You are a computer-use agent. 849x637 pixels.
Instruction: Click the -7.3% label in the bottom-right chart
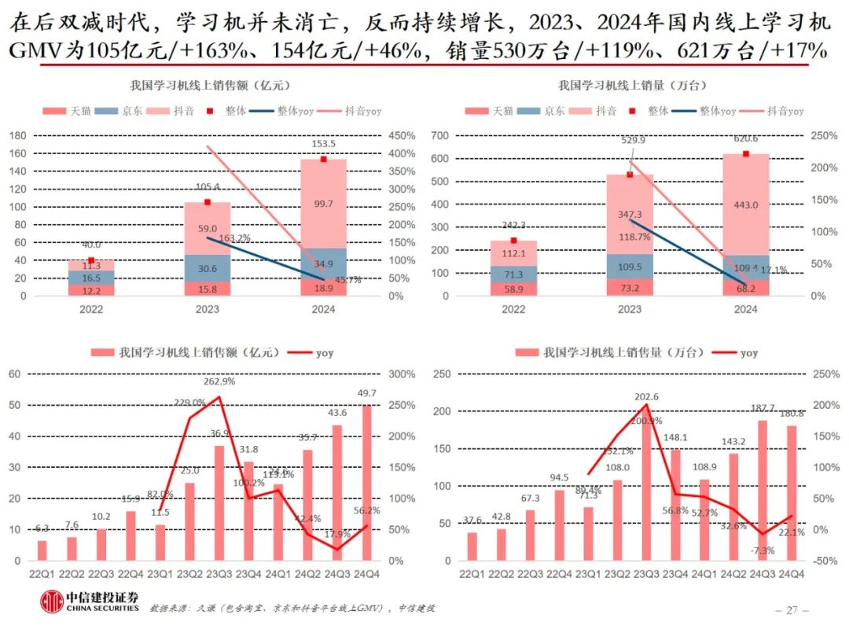(x=761, y=550)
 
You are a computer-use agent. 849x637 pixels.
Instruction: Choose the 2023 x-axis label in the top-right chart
(x=630, y=309)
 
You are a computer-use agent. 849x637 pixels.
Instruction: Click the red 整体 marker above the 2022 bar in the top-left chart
(x=91, y=260)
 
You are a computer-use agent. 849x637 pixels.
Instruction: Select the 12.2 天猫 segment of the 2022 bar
(x=91, y=290)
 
